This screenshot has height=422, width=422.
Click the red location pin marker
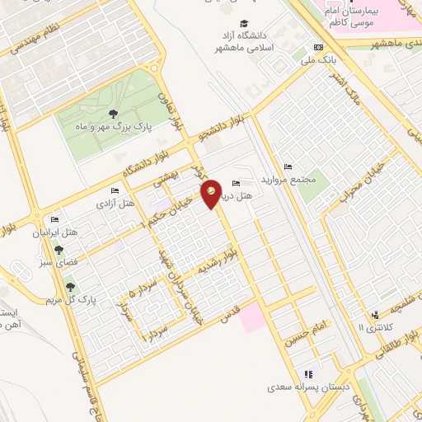212,193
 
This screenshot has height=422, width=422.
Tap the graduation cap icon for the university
243,24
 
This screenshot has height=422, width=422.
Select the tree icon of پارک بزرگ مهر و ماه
112,114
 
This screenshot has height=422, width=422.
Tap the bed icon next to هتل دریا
236,183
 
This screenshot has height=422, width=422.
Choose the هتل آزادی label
116,203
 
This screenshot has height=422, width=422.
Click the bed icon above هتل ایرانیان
54,220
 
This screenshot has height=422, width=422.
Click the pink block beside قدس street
253,316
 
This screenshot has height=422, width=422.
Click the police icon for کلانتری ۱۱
375,314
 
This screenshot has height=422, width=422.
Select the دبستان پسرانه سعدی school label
302,386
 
